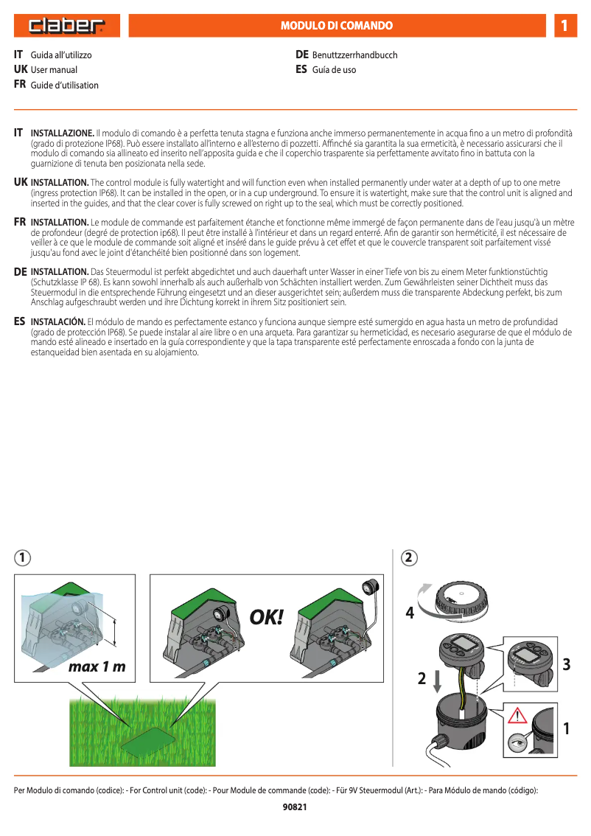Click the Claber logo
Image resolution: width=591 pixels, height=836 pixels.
(x=66, y=27)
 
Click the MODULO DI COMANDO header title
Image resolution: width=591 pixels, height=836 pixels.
(x=337, y=26)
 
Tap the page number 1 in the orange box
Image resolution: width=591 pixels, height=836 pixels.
(x=564, y=26)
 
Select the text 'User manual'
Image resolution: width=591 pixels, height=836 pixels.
(x=54, y=70)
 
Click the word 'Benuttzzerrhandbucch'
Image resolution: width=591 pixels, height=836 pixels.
(x=354, y=55)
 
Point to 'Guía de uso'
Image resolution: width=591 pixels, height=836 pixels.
(x=334, y=70)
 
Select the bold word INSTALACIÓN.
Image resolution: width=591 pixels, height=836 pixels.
(x=58, y=322)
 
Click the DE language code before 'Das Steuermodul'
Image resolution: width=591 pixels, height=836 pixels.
(x=21, y=272)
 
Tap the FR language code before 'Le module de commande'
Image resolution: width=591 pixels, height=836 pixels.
(x=21, y=222)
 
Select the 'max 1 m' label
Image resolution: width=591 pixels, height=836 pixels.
(x=97, y=667)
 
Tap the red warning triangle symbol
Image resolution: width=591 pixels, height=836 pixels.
(x=522, y=715)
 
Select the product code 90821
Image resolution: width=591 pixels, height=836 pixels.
(x=295, y=807)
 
